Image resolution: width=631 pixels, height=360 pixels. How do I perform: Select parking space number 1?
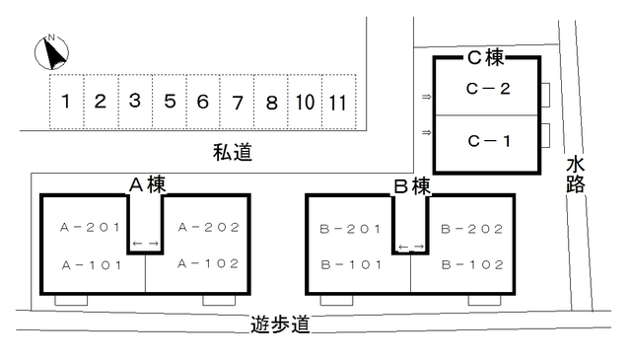click(x=65, y=101)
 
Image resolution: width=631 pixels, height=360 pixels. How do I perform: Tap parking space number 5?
click(x=170, y=101)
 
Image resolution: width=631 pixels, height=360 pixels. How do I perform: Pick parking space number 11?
click(x=338, y=102)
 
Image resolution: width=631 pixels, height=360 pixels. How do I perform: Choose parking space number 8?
click(x=271, y=102)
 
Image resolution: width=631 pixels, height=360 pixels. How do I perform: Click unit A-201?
click(x=90, y=228)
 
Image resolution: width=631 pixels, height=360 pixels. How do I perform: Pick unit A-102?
click(x=209, y=263)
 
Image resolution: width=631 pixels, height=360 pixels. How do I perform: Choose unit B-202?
click(x=472, y=229)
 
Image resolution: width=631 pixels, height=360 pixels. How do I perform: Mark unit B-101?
click(x=350, y=264)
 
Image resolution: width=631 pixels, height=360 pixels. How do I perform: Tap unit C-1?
click(x=488, y=140)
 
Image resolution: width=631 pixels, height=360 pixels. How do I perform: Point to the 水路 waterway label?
click(x=576, y=174)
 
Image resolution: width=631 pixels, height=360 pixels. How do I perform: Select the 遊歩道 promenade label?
click(x=281, y=324)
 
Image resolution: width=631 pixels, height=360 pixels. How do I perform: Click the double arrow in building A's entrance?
click(x=146, y=244)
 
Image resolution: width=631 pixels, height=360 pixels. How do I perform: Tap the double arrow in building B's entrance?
click(x=411, y=246)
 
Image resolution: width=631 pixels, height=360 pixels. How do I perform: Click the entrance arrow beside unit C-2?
click(x=426, y=97)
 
